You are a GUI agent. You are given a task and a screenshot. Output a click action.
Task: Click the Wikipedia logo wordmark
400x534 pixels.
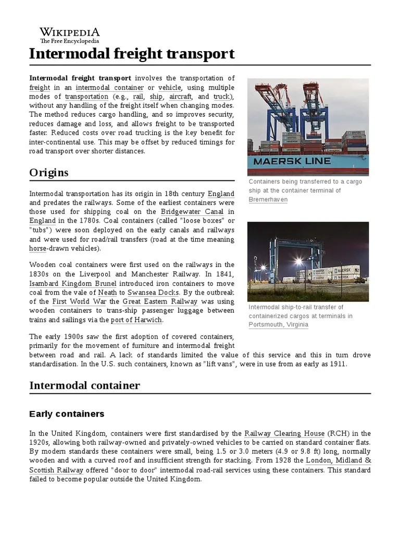tap(70, 32)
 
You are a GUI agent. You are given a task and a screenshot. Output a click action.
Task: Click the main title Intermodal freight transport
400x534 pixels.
tap(132, 54)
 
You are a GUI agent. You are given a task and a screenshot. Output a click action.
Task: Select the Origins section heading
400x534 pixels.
tap(49, 172)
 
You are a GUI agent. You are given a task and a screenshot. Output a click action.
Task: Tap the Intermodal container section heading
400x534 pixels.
tap(85, 385)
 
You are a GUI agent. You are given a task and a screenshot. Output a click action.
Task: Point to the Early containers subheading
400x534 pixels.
tap(67, 414)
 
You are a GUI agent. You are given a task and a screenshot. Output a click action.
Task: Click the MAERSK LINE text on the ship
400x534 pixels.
tap(292, 161)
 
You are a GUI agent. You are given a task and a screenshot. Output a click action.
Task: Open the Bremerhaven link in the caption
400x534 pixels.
tap(268, 200)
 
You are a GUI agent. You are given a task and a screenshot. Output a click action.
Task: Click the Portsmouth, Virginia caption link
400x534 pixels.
tap(279, 324)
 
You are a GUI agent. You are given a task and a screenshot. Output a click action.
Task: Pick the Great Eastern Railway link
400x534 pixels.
tap(160, 301)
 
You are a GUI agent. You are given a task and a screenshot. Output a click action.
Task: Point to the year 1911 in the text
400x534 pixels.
tap(337, 363)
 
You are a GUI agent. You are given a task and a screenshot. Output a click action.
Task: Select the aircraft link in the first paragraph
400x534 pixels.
tap(180, 96)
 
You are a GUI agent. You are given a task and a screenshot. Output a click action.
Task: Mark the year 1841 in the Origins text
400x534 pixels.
tap(222, 274)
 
